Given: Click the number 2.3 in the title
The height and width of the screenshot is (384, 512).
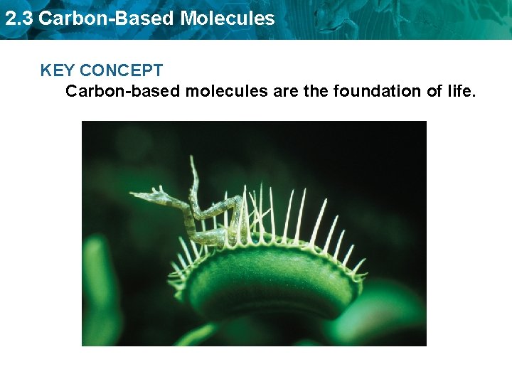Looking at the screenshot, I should click(x=18, y=18).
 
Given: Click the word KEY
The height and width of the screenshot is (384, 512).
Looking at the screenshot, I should click(x=58, y=70).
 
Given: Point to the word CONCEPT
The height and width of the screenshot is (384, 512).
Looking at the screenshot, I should click(x=122, y=70).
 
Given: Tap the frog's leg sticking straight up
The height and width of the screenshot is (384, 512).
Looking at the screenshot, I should click(x=193, y=174).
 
